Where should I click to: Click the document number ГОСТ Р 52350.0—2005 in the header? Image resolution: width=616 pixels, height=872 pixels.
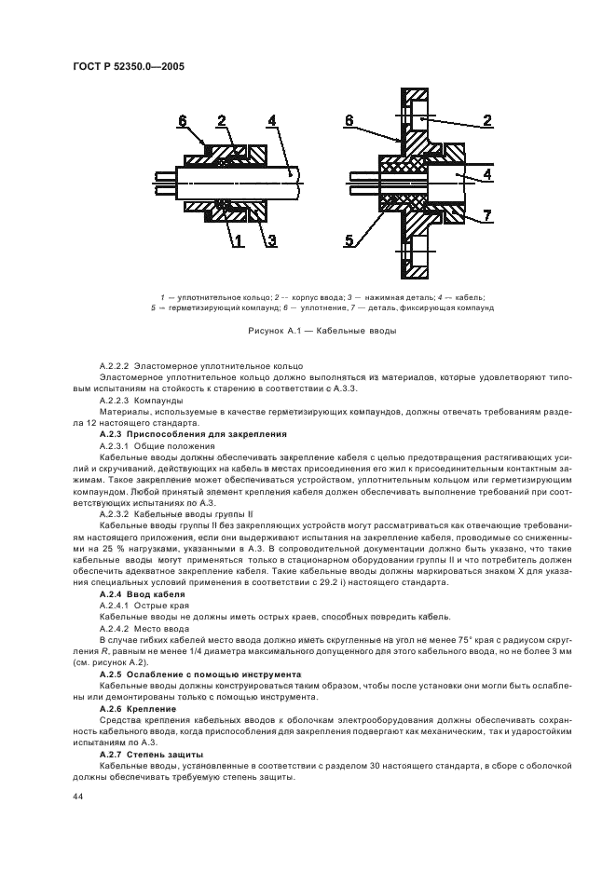tap(127, 67)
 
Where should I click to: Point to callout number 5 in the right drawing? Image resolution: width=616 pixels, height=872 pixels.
tap(349, 241)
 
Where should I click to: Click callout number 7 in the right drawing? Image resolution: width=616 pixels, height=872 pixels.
tap(486, 217)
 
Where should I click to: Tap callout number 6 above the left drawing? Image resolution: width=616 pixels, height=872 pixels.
tap(183, 120)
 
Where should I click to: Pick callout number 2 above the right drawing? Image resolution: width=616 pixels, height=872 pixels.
tap(486, 120)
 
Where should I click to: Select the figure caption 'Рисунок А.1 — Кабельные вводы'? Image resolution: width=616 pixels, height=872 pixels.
tap(308, 330)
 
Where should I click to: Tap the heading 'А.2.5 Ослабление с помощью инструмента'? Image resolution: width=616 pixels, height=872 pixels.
tap(199, 674)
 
